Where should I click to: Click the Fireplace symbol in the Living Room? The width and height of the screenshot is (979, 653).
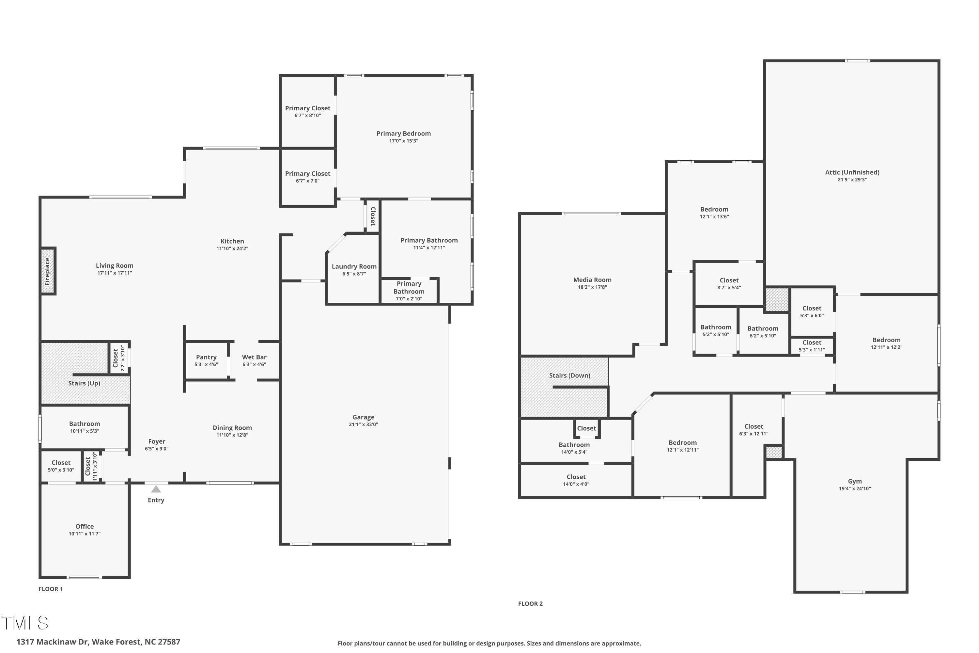[47, 271]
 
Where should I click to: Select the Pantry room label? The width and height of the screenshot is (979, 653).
[206, 357]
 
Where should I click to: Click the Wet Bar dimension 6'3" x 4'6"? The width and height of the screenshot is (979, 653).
[254, 364]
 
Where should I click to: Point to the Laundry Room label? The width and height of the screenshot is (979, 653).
[354, 266]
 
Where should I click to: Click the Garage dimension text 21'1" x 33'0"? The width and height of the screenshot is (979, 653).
[363, 424]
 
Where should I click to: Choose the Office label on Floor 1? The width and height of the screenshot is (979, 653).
[85, 526]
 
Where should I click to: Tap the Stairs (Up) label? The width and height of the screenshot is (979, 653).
[84, 383]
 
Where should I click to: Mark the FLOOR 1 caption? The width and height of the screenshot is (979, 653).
[50, 589]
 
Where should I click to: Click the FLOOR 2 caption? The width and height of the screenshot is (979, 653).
[530, 603]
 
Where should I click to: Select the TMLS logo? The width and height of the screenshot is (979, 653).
[25, 623]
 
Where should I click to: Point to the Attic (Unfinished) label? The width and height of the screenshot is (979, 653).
[852, 172]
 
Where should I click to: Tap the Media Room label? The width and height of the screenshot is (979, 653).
[592, 280]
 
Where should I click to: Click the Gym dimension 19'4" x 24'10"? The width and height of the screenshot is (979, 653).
[855, 488]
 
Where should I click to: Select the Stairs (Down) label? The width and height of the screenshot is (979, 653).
[569, 375]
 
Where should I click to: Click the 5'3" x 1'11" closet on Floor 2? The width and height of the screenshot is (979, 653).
[812, 346]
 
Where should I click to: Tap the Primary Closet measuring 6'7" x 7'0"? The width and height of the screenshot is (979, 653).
[308, 177]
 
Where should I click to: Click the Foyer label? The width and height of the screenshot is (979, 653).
[157, 441]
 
